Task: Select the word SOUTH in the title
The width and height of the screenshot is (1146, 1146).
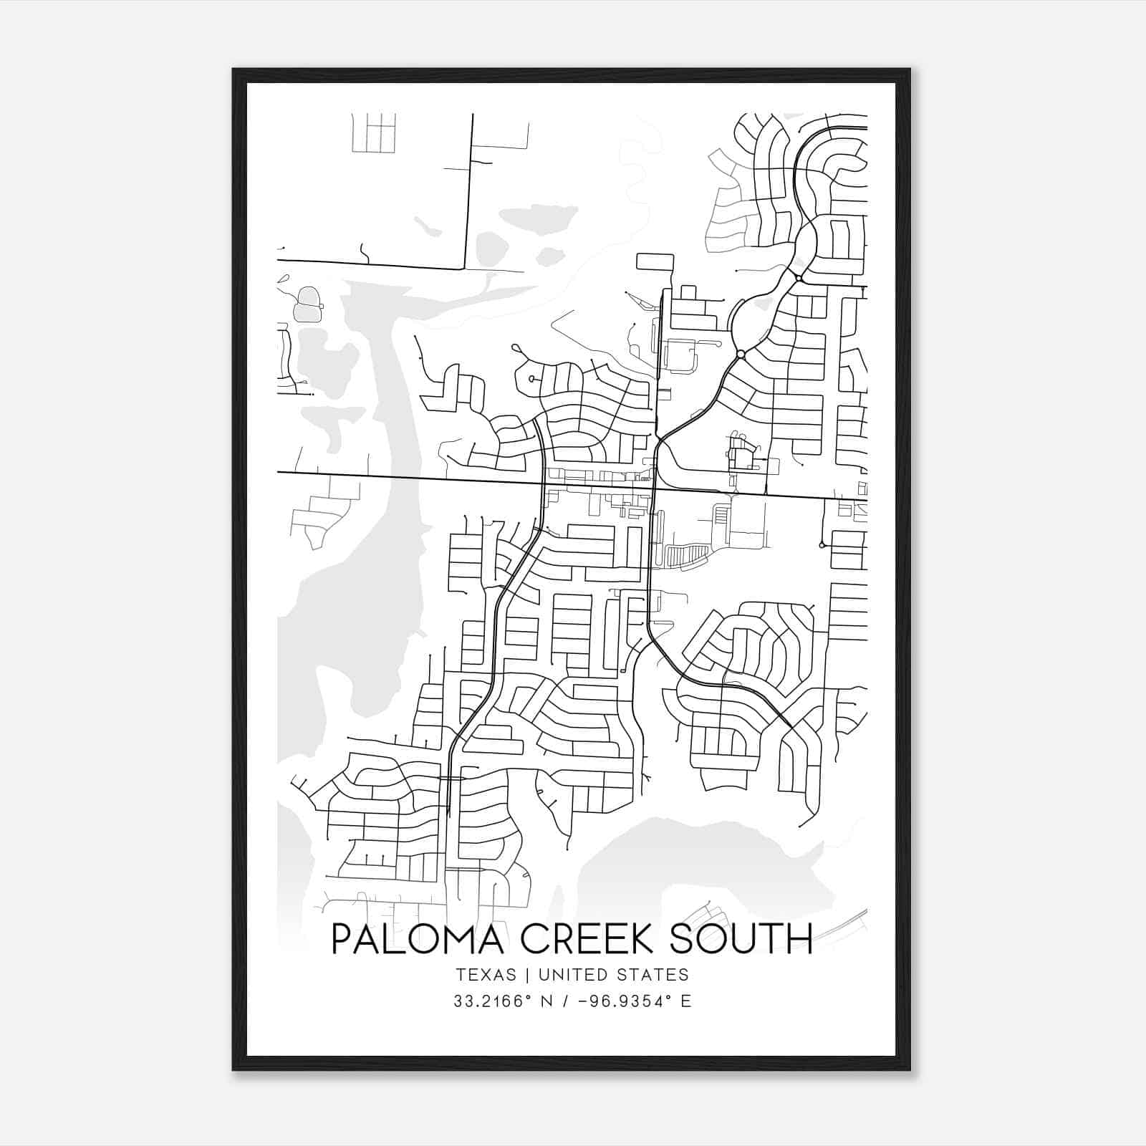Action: pos(742,939)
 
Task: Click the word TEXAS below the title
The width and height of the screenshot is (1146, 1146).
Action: pos(485,975)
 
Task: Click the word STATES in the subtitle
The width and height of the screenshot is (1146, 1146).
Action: pos(653,975)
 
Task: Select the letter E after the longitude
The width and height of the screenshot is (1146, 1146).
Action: pos(686,1001)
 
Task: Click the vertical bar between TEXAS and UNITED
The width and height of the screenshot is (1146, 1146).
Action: pos(527,975)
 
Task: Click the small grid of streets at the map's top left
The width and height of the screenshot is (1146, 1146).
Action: pos(374,133)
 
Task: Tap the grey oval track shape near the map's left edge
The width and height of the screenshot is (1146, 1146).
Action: pos(308,304)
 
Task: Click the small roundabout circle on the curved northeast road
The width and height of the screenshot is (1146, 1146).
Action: pos(741,354)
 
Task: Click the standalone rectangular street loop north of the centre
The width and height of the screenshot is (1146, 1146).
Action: pos(655,261)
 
